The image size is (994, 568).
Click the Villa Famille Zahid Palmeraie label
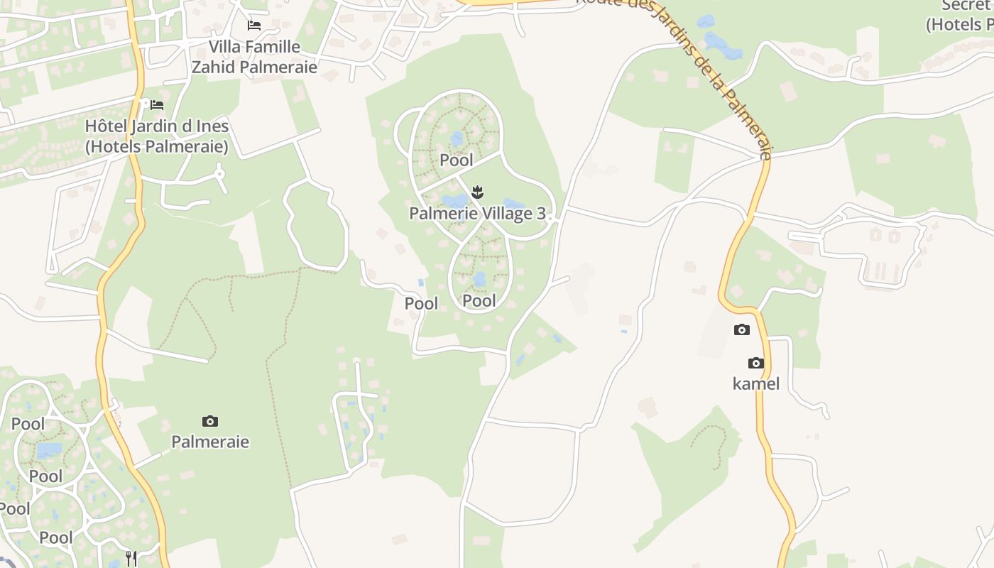253,57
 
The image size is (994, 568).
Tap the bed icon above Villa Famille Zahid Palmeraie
253,26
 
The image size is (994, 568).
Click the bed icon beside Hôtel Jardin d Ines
157,105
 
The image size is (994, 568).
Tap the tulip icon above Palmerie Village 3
478,191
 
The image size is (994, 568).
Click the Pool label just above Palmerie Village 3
457,160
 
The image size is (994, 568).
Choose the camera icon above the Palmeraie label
210,421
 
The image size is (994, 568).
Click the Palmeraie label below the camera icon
210,442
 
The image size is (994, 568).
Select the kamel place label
756,384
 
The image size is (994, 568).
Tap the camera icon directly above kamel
756,364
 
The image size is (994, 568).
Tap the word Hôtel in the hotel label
106,126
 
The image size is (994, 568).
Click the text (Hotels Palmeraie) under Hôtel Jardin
156,147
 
